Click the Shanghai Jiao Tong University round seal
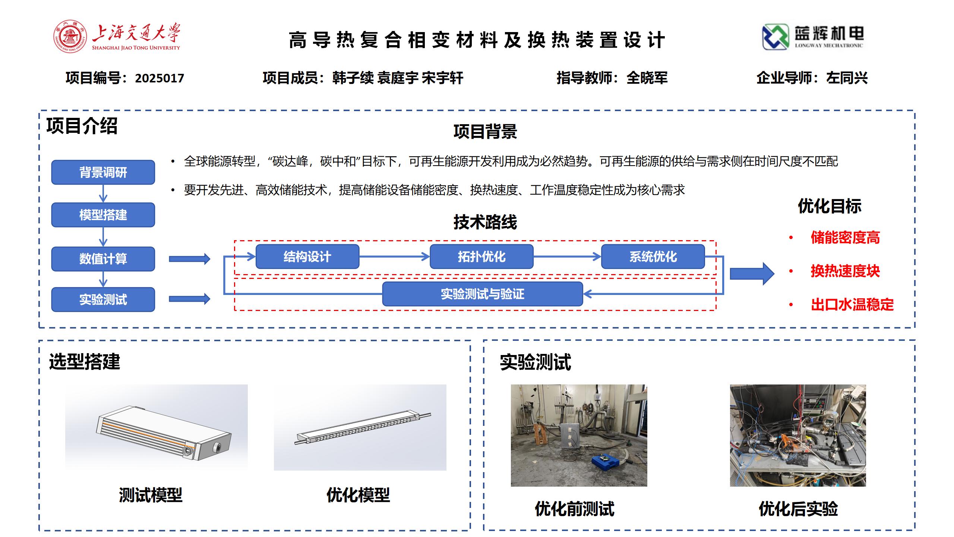coord(70,37)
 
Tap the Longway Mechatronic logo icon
coord(775,37)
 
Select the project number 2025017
coord(159,78)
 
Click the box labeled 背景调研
coord(103,172)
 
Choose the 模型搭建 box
coord(103,215)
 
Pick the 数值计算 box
coord(103,259)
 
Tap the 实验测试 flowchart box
coord(103,299)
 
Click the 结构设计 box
coord(307,257)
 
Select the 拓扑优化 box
coord(481,257)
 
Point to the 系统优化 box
coord(653,257)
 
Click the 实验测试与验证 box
coord(483,294)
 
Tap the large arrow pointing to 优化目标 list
coord(752,274)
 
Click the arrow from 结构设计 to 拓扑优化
coord(395,257)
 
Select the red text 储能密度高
coord(845,238)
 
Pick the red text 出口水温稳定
coord(852,305)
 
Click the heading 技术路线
coord(485,222)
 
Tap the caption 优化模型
coord(358,495)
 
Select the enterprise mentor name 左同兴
coord(847,78)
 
